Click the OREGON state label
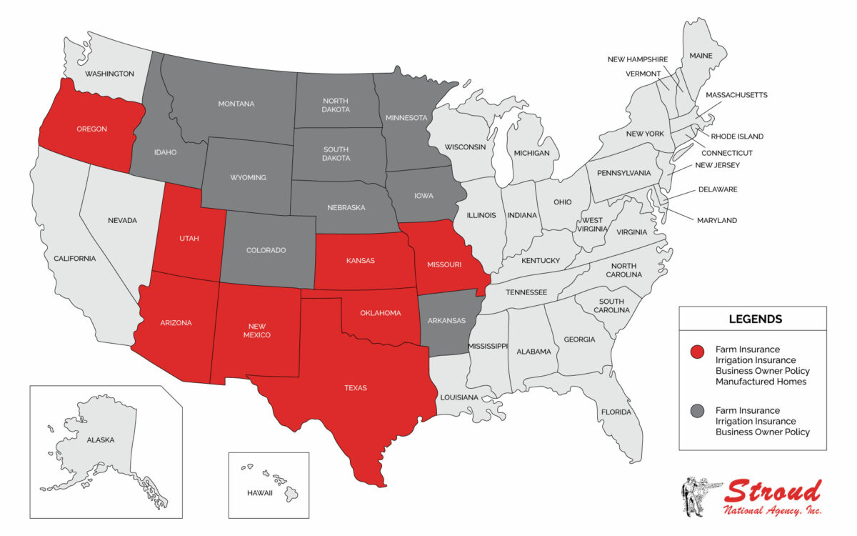[91, 129]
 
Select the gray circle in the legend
[698, 411]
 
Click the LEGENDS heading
[755, 319]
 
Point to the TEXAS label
[355, 388]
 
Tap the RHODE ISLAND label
[737, 137]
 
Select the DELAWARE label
[718, 190]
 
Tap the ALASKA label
[100, 440]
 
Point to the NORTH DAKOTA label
[336, 106]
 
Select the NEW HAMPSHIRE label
[638, 59]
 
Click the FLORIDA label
[616, 412]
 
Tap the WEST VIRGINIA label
[591, 224]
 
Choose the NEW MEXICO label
[256, 330]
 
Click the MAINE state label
[701, 55]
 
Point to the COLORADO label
[266, 251]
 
